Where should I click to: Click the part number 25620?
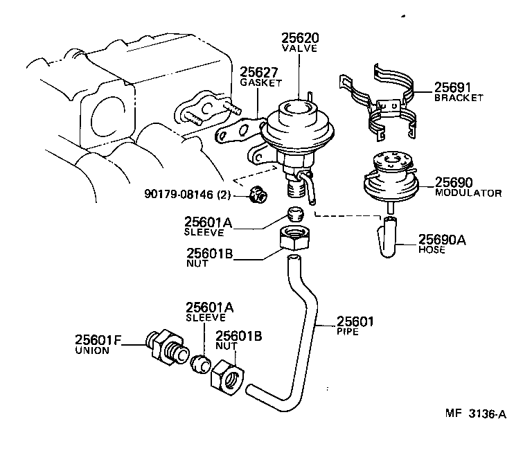pyautogui.click(x=299, y=37)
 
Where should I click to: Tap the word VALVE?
pyautogui.click(x=299, y=49)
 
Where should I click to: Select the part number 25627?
pyautogui.click(x=258, y=71)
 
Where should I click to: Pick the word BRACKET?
pyautogui.click(x=458, y=98)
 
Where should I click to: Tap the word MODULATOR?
pyautogui.click(x=468, y=193)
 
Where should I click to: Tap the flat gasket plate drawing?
pyautogui.click(x=236, y=132)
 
